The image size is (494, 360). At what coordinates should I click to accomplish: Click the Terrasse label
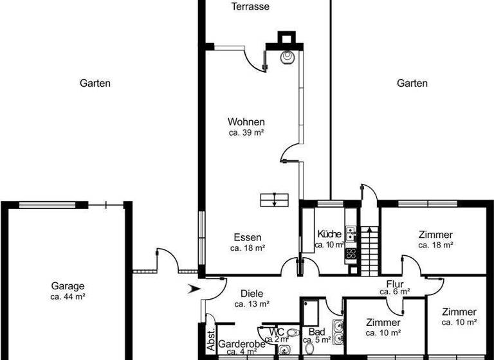click(250, 7)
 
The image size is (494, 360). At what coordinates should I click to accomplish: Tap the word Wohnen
click(246, 122)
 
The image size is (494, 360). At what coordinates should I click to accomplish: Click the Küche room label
click(329, 234)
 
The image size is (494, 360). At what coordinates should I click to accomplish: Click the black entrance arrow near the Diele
click(192, 289)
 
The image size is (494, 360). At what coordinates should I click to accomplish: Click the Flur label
click(394, 283)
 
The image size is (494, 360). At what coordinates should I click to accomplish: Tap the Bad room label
click(316, 332)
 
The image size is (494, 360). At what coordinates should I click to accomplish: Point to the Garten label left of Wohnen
click(95, 83)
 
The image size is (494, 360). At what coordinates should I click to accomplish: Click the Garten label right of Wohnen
click(412, 83)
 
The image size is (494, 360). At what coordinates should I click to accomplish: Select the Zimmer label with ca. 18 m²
click(435, 235)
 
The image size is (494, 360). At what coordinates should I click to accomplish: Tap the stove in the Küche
click(351, 253)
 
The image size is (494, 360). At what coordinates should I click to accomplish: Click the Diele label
click(251, 293)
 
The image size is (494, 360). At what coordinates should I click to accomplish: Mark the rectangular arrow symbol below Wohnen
click(275, 199)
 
